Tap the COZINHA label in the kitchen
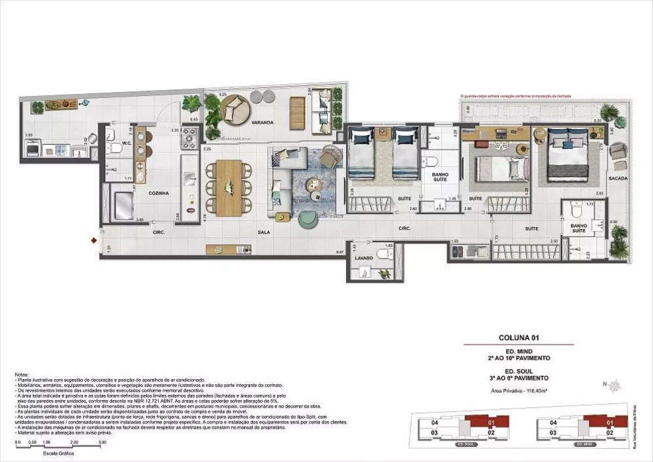159,193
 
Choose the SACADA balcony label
617,177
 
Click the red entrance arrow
95,241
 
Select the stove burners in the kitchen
189,138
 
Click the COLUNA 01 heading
518,338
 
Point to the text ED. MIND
518,352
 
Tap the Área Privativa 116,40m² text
518,389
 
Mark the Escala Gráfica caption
58,452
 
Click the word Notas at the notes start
22,375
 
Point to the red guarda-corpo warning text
515,96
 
